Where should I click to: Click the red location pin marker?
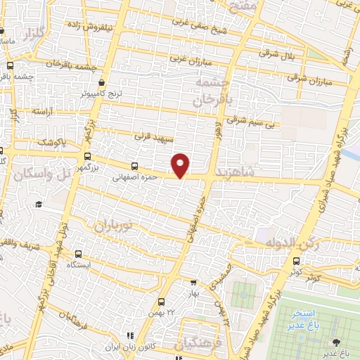(181, 165)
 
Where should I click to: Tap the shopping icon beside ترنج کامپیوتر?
(102, 82)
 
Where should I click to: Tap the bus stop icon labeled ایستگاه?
(78, 254)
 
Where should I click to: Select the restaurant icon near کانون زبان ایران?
(129, 337)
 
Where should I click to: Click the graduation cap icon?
(39, 204)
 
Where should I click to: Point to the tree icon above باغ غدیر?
(339, 342)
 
